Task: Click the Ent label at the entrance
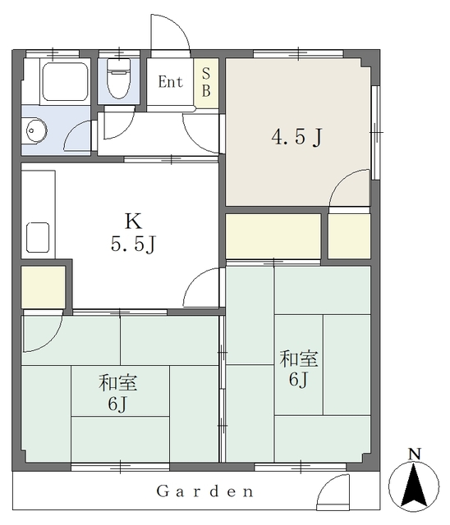[171, 81]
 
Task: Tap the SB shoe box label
[206, 82]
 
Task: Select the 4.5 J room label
[296, 137]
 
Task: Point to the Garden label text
[204, 492]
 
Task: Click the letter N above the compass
[416, 454]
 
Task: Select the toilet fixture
[119, 80]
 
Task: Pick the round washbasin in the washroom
[37, 130]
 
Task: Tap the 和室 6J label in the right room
[297, 369]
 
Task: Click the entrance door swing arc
[171, 33]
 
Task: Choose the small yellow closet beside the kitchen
[43, 287]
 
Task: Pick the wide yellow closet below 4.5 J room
[273, 235]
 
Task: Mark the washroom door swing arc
[80, 135]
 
